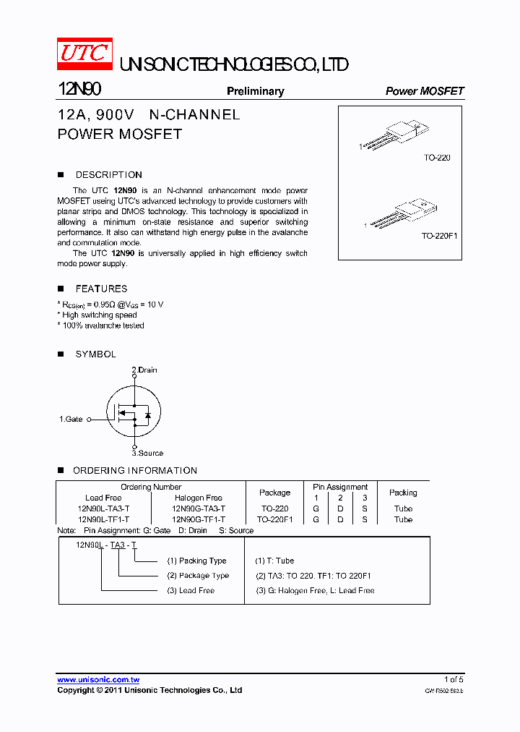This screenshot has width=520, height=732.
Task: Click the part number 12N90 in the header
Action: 79,90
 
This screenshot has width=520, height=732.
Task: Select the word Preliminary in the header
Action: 255,91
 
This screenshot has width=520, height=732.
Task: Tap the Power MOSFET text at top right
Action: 424,91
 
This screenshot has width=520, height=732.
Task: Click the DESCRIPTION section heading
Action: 108,175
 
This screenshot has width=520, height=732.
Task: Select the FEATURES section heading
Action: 101,289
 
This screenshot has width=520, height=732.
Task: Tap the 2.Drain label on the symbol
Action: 144,370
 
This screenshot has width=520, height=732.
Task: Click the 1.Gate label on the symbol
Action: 71,419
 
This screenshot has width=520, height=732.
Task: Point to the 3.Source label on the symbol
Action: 147,454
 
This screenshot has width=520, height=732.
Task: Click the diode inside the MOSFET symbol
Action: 147,415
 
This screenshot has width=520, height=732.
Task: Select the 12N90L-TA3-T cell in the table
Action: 103,508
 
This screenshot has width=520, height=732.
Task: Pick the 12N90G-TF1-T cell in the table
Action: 199,519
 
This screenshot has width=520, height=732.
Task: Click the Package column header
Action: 274,493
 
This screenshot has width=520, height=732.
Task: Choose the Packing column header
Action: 403,493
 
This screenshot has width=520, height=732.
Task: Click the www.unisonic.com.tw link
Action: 98,680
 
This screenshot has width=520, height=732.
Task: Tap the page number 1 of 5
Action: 454,680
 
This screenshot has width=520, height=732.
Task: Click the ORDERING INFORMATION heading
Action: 134,471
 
